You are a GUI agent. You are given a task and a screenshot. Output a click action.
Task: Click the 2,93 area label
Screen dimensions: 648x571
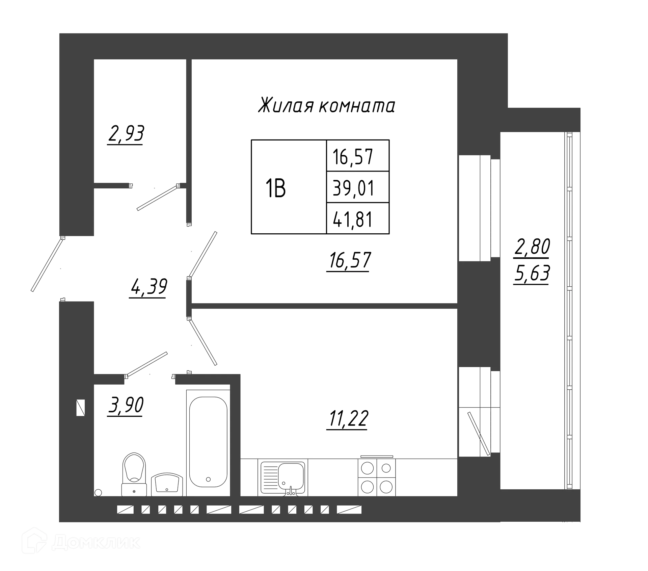[126, 134]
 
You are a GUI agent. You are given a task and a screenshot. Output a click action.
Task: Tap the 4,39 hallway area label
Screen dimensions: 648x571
[148, 287]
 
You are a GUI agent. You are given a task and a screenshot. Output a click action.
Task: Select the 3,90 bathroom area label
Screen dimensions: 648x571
[126, 405]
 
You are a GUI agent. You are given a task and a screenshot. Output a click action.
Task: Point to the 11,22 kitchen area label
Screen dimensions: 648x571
[348, 419]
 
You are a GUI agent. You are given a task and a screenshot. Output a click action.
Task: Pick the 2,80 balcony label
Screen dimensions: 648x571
[532, 247]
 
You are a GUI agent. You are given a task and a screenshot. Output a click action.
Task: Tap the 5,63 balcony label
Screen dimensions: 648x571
[532, 274]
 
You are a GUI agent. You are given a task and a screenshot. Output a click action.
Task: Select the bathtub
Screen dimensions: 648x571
[208, 443]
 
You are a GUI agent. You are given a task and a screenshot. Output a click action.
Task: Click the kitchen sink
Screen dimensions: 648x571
[283, 477]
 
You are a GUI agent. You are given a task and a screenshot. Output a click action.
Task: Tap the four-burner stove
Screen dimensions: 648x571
[377, 476]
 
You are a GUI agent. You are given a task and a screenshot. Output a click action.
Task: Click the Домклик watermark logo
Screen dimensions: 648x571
[81, 543]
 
